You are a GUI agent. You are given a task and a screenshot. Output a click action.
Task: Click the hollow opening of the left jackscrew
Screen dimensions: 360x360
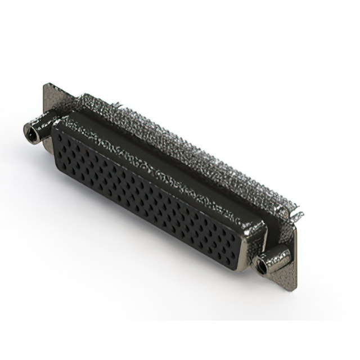pyautogui.click(x=28, y=132)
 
